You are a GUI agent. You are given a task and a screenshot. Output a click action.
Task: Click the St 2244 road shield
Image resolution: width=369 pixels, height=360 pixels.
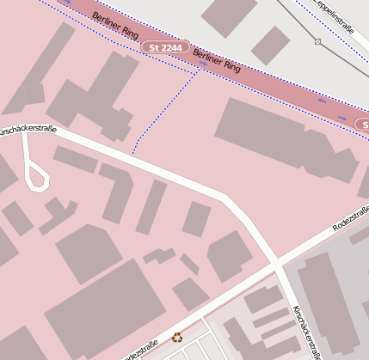[164, 47]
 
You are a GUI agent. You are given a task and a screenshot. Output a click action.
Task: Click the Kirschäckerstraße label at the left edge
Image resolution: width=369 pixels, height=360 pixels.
[26, 131]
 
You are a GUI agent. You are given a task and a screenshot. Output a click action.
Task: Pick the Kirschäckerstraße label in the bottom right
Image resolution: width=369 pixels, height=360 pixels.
[307, 331]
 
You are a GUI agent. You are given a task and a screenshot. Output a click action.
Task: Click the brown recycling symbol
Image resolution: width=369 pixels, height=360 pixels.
[177, 338]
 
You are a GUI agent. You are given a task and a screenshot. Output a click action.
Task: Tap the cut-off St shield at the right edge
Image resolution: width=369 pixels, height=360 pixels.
[362, 125]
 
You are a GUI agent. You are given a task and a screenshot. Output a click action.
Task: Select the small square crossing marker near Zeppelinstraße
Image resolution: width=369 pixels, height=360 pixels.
[317, 41]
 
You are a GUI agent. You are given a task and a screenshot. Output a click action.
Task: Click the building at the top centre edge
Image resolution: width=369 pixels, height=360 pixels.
[229, 16]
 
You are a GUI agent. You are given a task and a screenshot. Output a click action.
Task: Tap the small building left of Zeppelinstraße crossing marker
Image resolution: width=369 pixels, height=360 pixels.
[271, 45]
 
